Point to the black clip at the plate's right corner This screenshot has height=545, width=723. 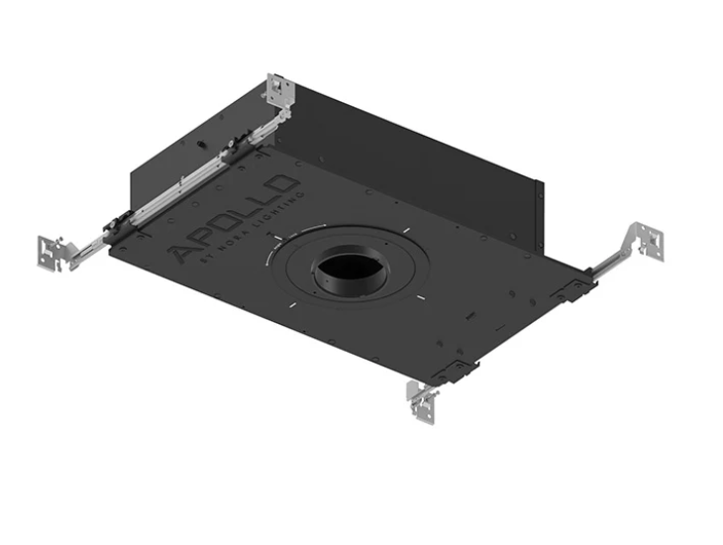pos(574,288)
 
